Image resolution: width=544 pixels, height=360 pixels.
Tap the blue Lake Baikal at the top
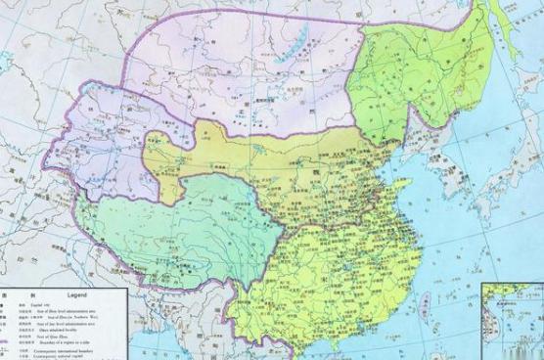coord(296,39)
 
